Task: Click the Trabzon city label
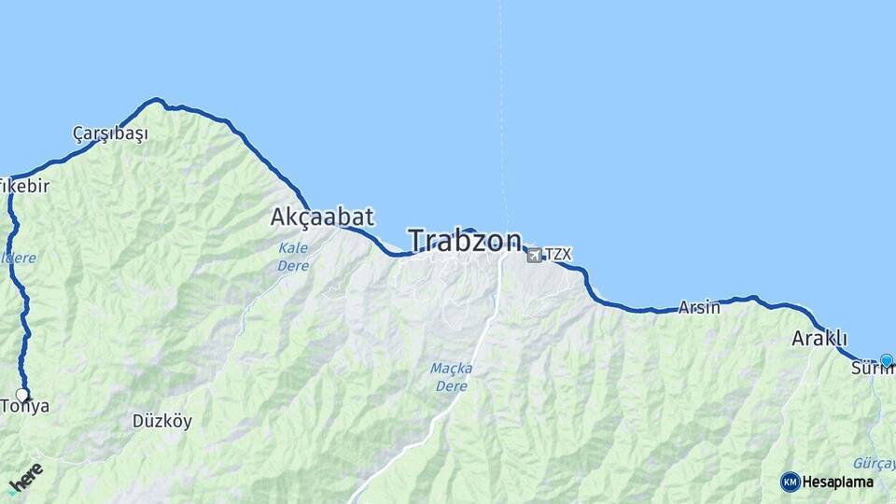click(465, 241)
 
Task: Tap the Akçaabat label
click(322, 217)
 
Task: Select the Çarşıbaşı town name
click(110, 133)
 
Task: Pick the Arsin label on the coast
click(699, 307)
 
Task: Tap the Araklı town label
click(819, 338)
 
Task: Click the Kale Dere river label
click(293, 257)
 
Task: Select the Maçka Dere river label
click(451, 376)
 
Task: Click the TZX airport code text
click(557, 254)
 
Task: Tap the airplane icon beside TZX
click(534, 255)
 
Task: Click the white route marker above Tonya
click(22, 395)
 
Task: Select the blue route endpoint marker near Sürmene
click(886, 360)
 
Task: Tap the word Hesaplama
click(838, 483)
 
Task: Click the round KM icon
click(790, 483)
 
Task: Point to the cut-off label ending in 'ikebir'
click(24, 186)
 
